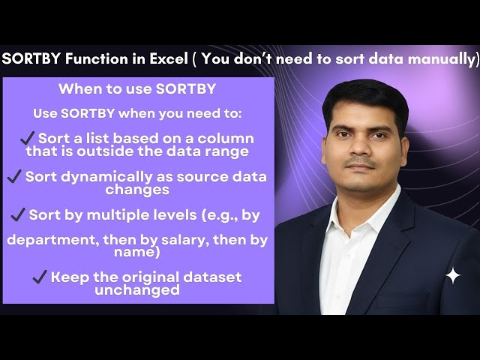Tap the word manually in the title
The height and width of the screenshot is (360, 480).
pos(442,60)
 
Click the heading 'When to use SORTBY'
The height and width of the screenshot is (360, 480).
pos(137,89)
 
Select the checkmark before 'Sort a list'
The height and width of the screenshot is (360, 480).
pos(28,139)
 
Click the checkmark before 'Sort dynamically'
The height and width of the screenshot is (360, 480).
pos(13,177)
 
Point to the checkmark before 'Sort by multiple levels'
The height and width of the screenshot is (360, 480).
pos(19,215)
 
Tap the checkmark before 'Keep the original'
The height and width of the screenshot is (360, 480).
pos(40,277)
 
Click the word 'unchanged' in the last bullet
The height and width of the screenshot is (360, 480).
pos(137,290)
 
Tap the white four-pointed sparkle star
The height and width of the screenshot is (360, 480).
pos(453,276)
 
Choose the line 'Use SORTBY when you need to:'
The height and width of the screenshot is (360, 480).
pos(137,115)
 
